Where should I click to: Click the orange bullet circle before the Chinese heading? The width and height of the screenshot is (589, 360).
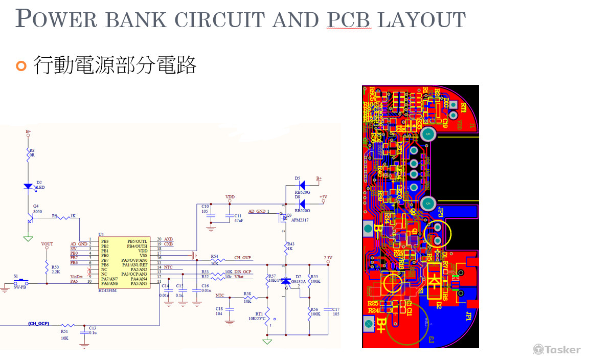pyautogui.click(x=20, y=65)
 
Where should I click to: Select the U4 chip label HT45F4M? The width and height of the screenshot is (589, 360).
pyautogui.click(x=107, y=290)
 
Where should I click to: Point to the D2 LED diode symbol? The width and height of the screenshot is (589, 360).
pyautogui.click(x=29, y=187)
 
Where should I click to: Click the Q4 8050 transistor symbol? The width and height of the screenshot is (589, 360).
pyautogui.click(x=31, y=219)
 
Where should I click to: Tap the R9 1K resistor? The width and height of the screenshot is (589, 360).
pyautogui.click(x=64, y=218)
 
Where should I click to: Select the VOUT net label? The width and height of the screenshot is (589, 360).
pyautogui.click(x=47, y=244)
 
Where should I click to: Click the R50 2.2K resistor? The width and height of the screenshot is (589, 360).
pyautogui.click(x=47, y=269)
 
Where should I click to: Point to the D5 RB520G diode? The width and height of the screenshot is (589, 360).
pyautogui.click(x=302, y=184)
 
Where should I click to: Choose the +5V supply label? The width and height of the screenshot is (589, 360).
pyautogui.click(x=323, y=196)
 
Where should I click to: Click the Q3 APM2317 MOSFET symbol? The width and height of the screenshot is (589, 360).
pyautogui.click(x=282, y=219)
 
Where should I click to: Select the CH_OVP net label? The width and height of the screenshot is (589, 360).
pyautogui.click(x=243, y=258)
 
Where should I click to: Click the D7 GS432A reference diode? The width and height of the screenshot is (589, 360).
pyautogui.click(x=286, y=281)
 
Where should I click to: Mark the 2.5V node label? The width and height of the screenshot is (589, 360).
pyautogui.click(x=328, y=257)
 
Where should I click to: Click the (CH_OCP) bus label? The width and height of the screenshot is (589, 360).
pyautogui.click(x=39, y=323)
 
